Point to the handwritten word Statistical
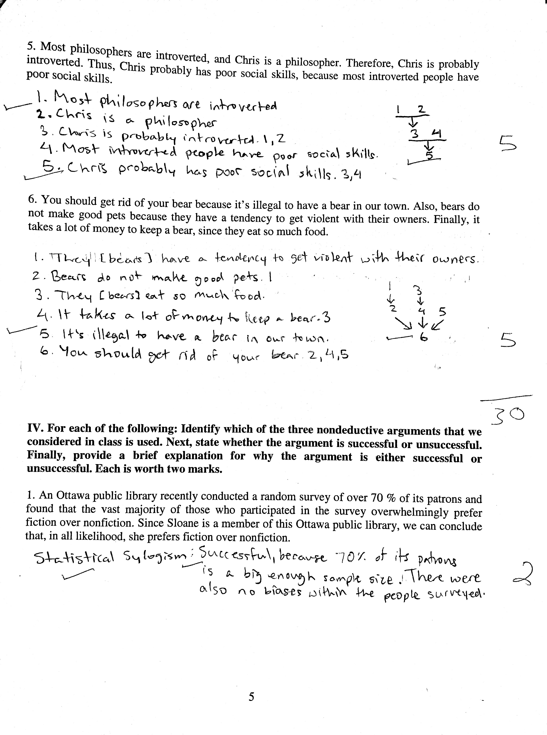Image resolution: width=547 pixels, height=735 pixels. (74, 559)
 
